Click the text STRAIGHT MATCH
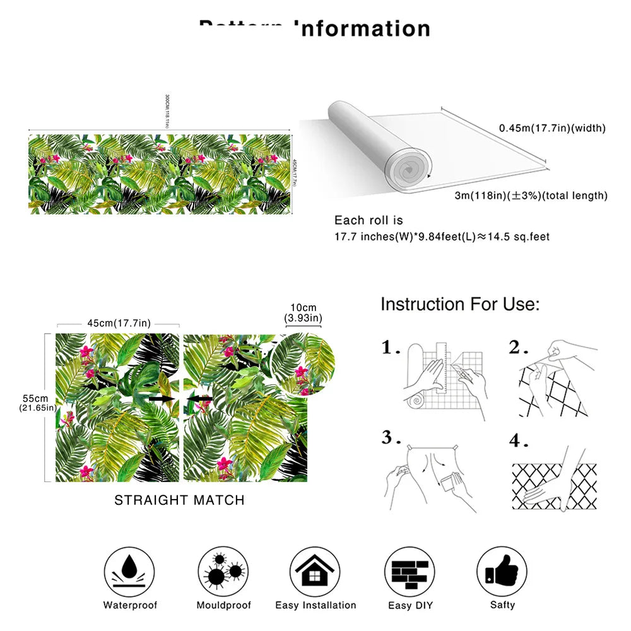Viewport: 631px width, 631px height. pyautogui.click(x=179, y=500)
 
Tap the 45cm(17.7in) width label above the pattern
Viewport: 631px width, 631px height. pyautogui.click(x=119, y=323)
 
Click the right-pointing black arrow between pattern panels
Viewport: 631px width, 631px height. pyautogui.click(x=162, y=399)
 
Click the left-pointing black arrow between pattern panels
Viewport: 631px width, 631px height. pyautogui.click(x=201, y=399)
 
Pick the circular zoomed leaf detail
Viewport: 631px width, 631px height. pyautogui.click(x=302, y=364)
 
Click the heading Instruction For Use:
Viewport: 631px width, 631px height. pyautogui.click(x=460, y=304)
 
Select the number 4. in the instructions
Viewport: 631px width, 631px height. pyautogui.click(x=518, y=440)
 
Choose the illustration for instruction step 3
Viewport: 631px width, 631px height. pyautogui.click(x=429, y=476)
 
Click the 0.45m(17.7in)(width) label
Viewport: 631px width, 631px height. pyautogui.click(x=552, y=128)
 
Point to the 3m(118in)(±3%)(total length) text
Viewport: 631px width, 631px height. pyautogui.click(x=531, y=196)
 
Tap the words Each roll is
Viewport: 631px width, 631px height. pyautogui.click(x=369, y=221)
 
